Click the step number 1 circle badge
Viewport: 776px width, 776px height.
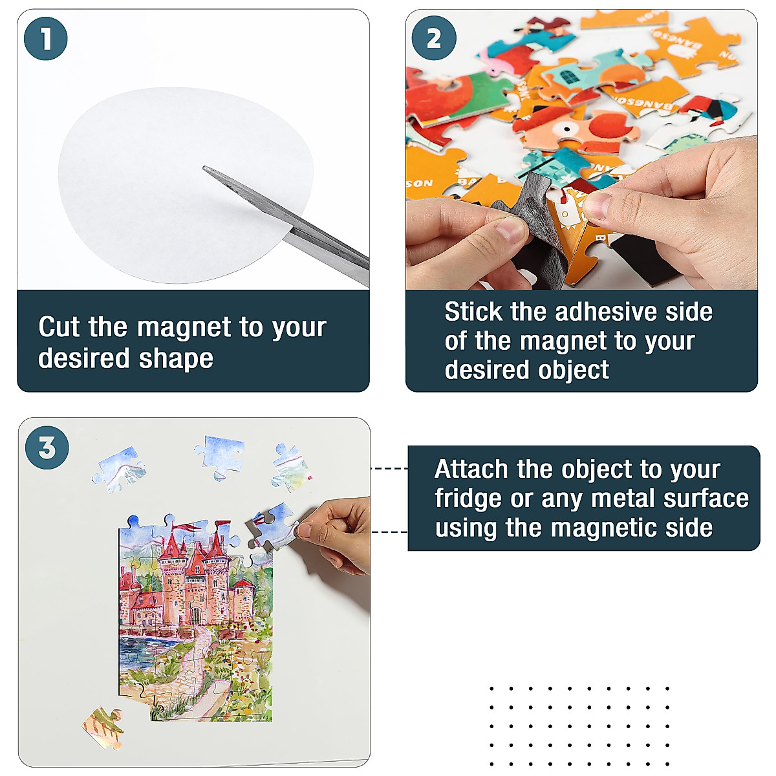click(46, 38)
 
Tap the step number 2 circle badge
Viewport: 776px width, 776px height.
click(433, 38)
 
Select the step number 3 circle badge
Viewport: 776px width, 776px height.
click(47, 447)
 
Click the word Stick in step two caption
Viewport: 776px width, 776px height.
click(473, 312)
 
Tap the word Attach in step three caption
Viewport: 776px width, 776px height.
click(471, 469)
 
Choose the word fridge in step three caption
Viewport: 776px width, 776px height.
click(467, 499)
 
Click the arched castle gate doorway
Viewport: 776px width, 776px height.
click(195, 615)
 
